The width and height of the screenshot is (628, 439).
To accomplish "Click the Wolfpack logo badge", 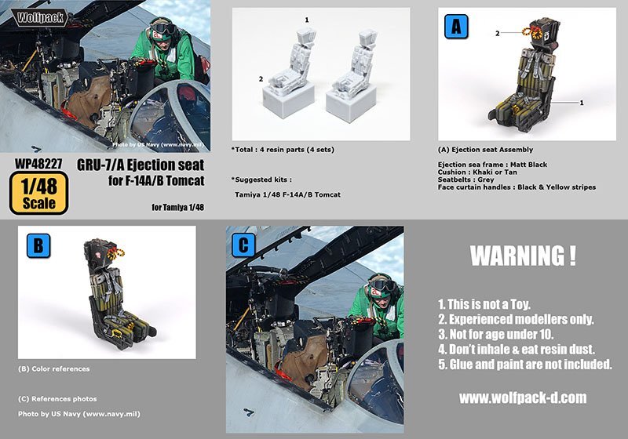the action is click(x=40, y=17).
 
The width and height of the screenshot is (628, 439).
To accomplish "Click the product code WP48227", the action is click(x=38, y=164).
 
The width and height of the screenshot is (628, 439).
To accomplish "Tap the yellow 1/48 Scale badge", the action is click(x=38, y=193).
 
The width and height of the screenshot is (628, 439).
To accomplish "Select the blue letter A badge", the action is click(x=456, y=27).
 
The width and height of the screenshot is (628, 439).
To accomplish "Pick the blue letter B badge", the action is click(x=38, y=245).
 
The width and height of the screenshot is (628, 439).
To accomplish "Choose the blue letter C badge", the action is click(x=243, y=245).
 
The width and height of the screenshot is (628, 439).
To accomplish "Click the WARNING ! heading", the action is click(x=523, y=256).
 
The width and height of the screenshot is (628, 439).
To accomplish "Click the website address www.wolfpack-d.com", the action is click(x=523, y=397).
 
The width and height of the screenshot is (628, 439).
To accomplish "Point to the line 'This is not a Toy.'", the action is click(x=484, y=304).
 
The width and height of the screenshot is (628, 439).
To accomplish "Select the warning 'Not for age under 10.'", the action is click(x=496, y=334).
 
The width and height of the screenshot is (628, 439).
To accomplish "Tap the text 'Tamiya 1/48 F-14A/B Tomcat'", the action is click(x=287, y=194).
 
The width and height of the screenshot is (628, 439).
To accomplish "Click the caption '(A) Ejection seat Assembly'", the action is click(x=485, y=150).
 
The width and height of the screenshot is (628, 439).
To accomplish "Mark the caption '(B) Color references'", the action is click(x=53, y=368).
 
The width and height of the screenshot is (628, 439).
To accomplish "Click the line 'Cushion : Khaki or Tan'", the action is click(x=477, y=172).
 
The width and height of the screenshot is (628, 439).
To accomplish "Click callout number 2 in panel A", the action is click(x=498, y=34).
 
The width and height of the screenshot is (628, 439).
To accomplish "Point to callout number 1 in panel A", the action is click(x=582, y=103).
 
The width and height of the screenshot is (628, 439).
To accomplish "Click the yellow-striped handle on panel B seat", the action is click(x=116, y=252).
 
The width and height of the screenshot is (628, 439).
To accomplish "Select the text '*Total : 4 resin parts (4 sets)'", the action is click(x=283, y=150).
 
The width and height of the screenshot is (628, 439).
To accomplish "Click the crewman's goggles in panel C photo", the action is click(x=382, y=285).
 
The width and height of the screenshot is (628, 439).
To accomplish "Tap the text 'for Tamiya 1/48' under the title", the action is click(x=178, y=207).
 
